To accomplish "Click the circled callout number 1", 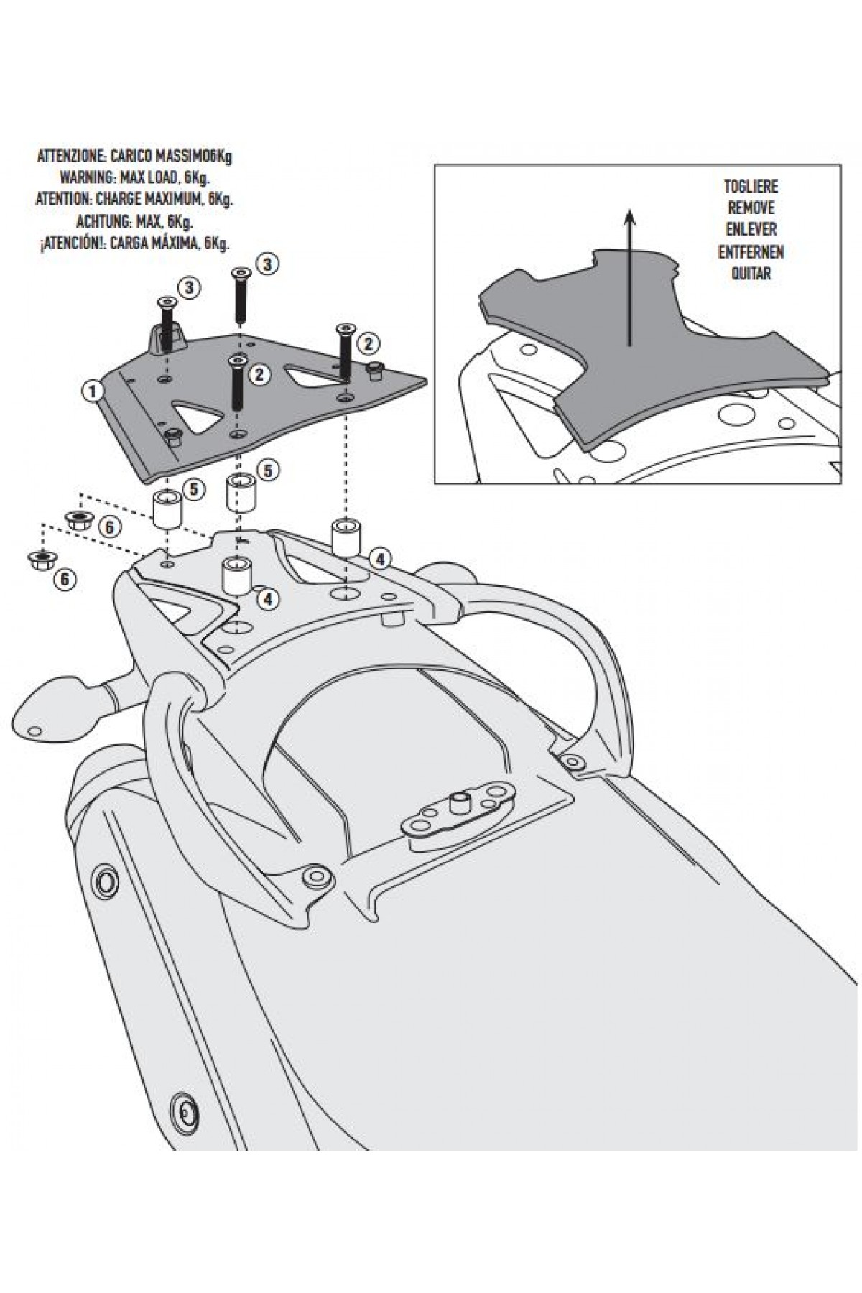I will tap(91, 391).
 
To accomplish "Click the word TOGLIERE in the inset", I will tap(751, 187).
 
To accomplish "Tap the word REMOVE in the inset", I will tap(751, 208).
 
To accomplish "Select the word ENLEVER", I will tap(751, 230).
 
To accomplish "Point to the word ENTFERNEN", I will tap(751, 252).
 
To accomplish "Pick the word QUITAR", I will tap(751, 274).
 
